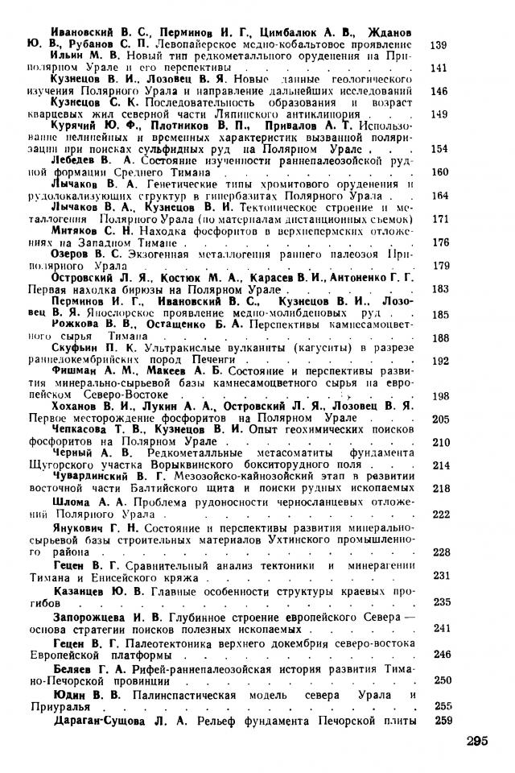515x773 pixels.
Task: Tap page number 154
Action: (439, 149)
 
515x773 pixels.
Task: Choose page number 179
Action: (439, 265)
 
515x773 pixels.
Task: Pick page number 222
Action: (439, 514)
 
